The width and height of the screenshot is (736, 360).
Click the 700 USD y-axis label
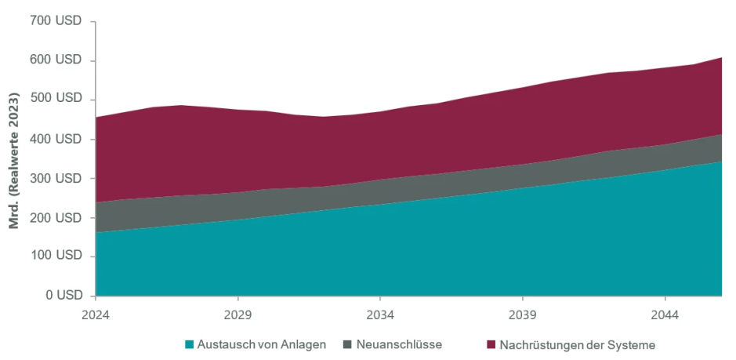tap(56, 21)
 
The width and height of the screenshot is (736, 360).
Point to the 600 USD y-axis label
tap(56, 60)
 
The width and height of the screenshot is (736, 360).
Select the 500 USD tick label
tap(56, 99)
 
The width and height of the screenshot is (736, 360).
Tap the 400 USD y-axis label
tap(56, 139)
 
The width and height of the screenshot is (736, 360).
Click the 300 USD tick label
tap(56, 178)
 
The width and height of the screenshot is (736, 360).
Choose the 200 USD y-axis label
tap(56, 217)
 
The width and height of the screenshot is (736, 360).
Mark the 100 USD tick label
tap(56, 256)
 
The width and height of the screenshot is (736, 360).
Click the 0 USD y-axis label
tap(62, 296)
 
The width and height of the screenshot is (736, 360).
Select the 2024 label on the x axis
tap(96, 314)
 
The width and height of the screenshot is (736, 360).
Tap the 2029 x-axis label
tap(237, 314)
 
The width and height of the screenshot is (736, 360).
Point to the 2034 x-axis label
tap(380, 314)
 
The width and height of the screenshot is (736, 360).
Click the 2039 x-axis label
tap(522, 314)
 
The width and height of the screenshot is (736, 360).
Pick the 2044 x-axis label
tap(665, 314)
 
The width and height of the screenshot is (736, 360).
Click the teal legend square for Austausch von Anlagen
tap(189, 344)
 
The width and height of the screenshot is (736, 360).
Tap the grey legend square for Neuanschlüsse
tap(348, 344)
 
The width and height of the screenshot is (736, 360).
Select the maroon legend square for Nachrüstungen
tap(491, 344)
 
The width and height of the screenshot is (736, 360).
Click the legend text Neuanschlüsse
tap(399, 344)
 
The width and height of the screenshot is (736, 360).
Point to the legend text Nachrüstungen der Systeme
tap(577, 344)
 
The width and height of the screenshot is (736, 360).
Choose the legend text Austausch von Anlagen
tap(261, 344)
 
